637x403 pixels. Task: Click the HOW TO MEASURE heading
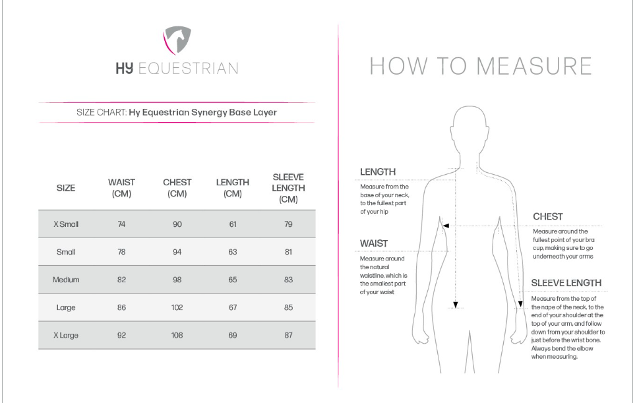click(x=480, y=66)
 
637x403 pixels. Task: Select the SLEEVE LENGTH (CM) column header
click(x=288, y=189)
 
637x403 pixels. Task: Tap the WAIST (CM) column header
click(x=121, y=188)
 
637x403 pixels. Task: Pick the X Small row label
click(x=66, y=224)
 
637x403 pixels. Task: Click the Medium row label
click(x=66, y=280)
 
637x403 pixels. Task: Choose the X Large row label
click(x=66, y=336)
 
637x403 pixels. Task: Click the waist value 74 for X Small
click(x=121, y=224)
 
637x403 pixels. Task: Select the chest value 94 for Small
click(x=177, y=252)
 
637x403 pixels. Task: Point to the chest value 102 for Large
click(x=177, y=307)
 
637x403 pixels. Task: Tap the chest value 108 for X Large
click(x=177, y=336)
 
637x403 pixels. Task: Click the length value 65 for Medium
click(x=233, y=280)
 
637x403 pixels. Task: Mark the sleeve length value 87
click(x=288, y=336)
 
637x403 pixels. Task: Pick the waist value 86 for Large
click(x=121, y=307)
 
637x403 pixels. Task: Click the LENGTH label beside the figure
click(x=378, y=172)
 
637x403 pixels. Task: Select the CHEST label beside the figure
click(x=547, y=216)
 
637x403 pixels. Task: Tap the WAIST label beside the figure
click(x=373, y=243)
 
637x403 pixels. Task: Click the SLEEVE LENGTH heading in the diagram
click(x=566, y=283)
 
